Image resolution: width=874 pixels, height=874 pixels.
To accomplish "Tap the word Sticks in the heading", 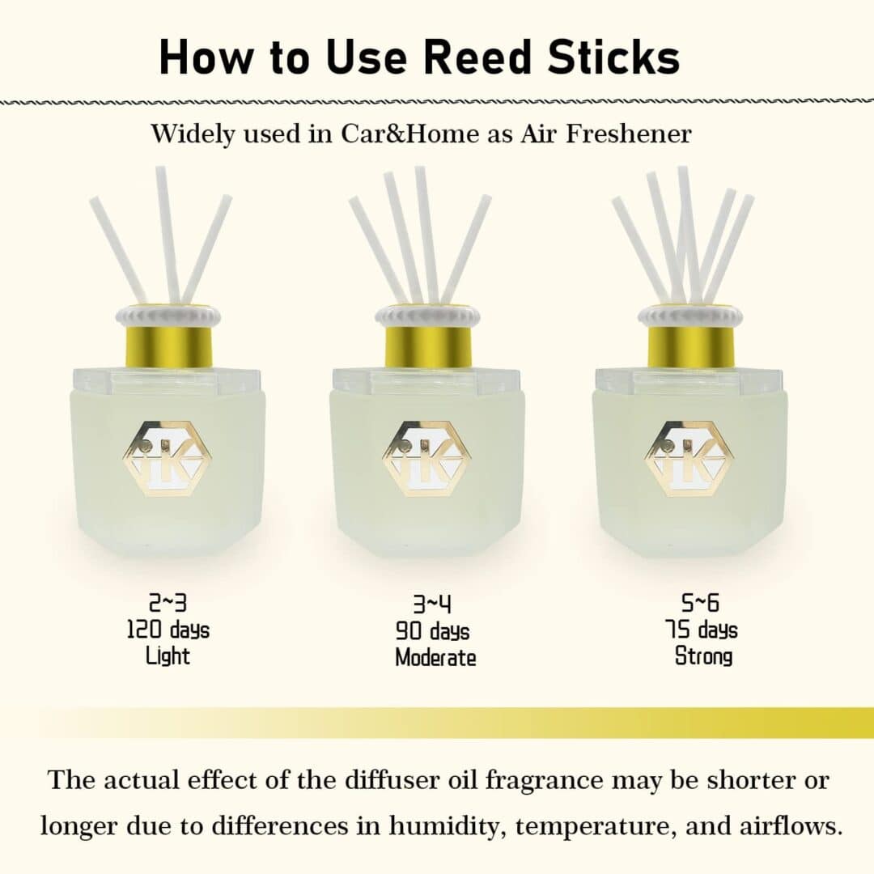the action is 613,57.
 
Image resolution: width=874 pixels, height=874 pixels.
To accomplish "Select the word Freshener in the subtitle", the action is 629,134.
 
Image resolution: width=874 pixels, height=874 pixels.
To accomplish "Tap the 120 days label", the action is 168,630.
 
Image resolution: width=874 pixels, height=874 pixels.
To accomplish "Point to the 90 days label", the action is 432,631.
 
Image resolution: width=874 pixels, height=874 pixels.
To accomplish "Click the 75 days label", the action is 701,630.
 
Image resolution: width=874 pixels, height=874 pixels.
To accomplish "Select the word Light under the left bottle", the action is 168,655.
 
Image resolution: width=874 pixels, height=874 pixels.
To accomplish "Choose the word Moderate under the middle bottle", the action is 435,658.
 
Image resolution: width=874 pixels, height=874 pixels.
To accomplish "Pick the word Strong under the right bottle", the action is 703,655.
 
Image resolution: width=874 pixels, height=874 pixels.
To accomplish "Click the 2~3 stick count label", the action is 168,603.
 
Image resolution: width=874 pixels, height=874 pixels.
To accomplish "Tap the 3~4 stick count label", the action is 432,605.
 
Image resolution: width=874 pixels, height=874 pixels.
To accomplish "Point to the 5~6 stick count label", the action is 700,603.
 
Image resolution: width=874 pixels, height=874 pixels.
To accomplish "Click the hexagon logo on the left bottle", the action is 168,459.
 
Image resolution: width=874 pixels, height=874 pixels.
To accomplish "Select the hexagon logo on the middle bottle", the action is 427,459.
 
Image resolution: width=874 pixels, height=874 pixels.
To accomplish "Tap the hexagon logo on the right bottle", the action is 689,459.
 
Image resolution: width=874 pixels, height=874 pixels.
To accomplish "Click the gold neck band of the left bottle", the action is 168,346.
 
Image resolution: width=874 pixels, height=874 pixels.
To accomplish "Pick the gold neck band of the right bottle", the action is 690,346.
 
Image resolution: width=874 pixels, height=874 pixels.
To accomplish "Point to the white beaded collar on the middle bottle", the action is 427,316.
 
